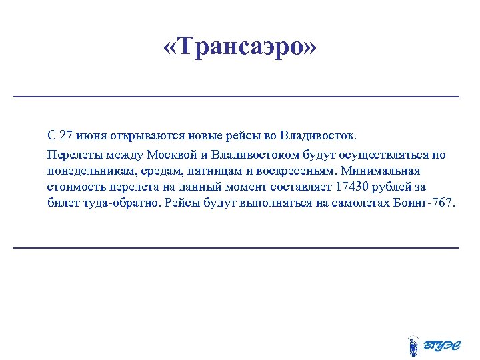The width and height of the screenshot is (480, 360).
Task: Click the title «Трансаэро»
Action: pos(240,47)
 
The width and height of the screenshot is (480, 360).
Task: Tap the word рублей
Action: pos(393,187)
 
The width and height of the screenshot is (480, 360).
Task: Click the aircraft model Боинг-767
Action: pos(427,203)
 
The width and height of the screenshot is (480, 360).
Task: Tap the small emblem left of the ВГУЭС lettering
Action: pos(413,346)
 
